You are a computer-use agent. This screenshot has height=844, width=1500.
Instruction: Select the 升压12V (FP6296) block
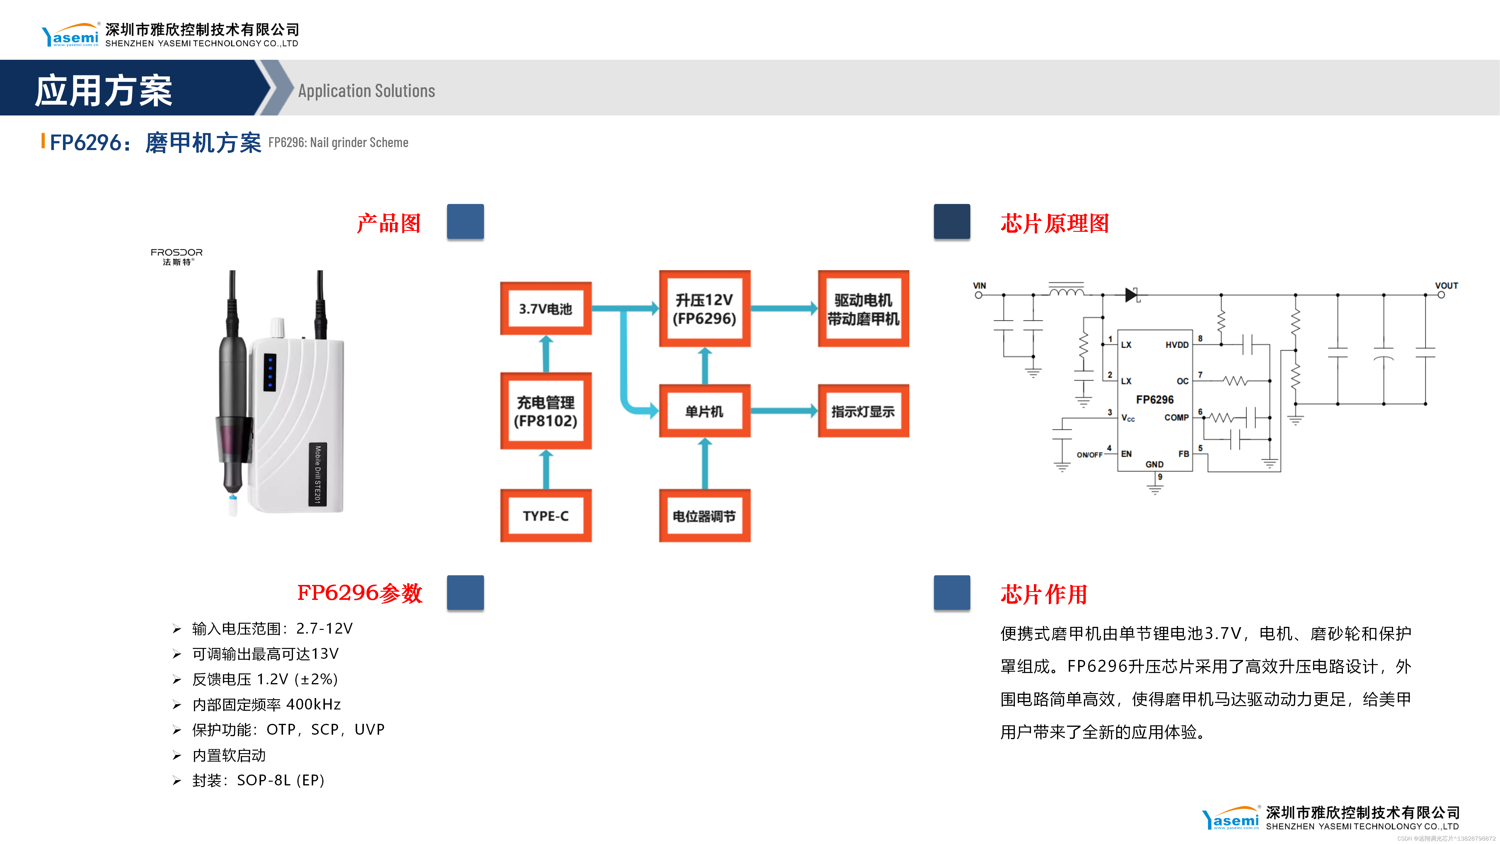pyautogui.click(x=705, y=309)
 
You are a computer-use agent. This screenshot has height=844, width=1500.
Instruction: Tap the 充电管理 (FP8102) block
pyautogui.click(x=546, y=411)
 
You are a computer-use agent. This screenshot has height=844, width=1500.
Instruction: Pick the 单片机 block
pyautogui.click(x=705, y=411)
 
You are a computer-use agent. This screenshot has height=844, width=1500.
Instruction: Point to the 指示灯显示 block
pyautogui.click(x=863, y=411)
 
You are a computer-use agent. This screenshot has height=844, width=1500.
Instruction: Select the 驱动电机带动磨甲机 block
pyautogui.click(x=863, y=309)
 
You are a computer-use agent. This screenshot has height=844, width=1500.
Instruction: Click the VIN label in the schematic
pyautogui.click(x=979, y=285)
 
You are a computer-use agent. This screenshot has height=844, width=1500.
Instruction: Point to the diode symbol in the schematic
pyautogui.click(x=1131, y=295)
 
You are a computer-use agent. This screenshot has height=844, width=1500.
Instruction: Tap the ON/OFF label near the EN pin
pyautogui.click(x=1089, y=455)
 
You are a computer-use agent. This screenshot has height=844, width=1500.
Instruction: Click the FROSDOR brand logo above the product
pyautogui.click(x=176, y=256)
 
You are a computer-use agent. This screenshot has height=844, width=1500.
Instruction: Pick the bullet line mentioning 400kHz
pyautogui.click(x=266, y=704)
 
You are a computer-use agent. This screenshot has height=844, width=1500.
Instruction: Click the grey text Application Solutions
pyautogui.click(x=366, y=91)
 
